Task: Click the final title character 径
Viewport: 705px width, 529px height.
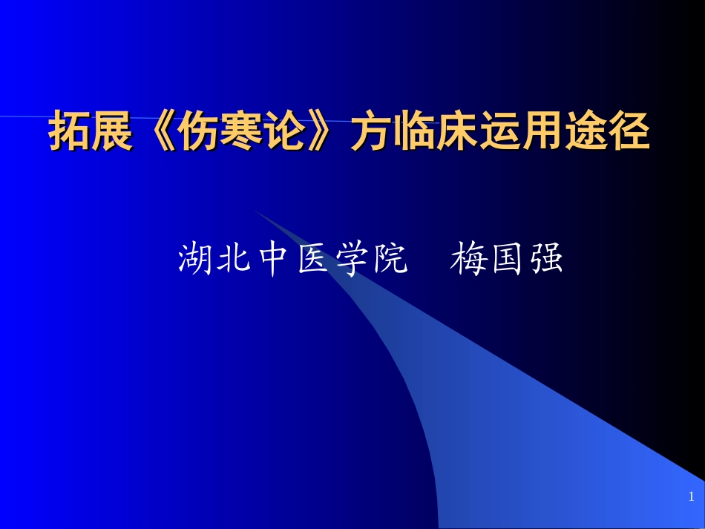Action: click(x=630, y=131)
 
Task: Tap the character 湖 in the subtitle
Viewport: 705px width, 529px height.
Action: click(x=195, y=259)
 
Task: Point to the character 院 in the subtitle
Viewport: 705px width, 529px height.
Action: click(x=390, y=259)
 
